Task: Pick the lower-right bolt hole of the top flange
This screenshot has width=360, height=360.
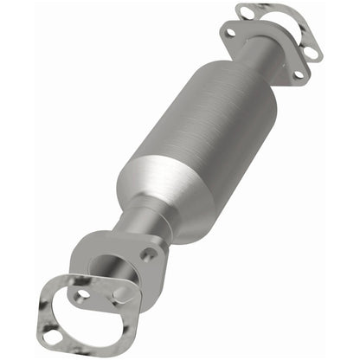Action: pyautogui.click(x=298, y=74)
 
